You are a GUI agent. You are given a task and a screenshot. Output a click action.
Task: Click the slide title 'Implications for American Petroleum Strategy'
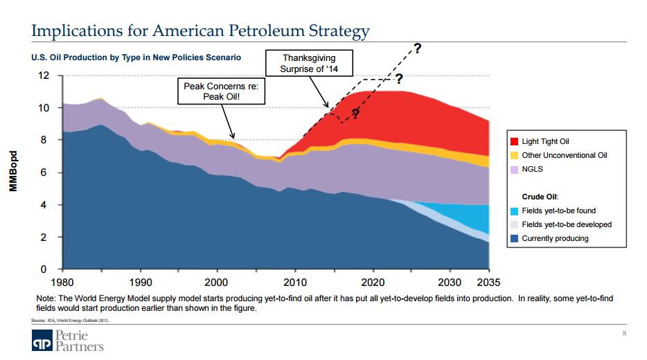pyautogui.click(x=201, y=31)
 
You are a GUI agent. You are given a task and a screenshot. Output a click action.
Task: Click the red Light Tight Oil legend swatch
pyautogui.click(x=515, y=142)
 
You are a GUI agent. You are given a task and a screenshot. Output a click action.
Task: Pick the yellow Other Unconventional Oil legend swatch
pyautogui.click(x=515, y=156)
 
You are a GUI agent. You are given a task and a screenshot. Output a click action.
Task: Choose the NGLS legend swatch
pyautogui.click(x=515, y=170)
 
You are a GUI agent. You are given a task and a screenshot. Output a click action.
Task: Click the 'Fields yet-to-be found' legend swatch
pyautogui.click(x=515, y=211)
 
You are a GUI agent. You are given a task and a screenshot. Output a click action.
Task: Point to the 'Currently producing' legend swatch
pyautogui.click(x=515, y=239)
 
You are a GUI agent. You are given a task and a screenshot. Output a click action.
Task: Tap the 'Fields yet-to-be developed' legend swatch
pyautogui.click(x=515, y=225)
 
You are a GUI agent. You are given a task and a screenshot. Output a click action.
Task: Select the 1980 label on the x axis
pyautogui.click(x=62, y=282)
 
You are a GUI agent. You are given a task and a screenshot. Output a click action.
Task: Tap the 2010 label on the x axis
pyautogui.click(x=295, y=282)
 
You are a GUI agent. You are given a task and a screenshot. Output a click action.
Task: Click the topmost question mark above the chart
pyautogui.click(x=417, y=48)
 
